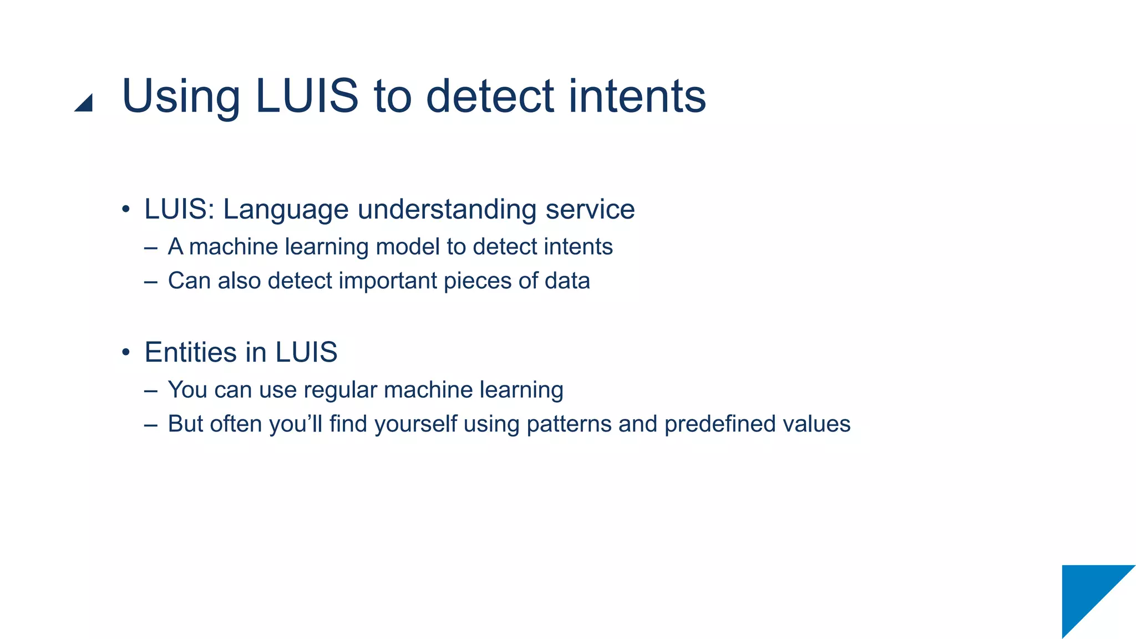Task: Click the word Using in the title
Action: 181,97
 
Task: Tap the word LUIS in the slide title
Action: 307,97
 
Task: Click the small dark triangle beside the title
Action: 85,103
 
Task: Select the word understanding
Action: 447,210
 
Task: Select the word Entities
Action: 191,352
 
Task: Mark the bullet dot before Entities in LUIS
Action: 126,352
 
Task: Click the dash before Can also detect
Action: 150,282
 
